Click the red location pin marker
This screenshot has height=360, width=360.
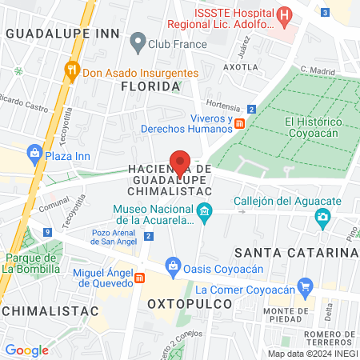tap(181, 162)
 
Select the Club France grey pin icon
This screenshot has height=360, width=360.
tap(138, 40)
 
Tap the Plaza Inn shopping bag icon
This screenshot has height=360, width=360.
tap(34, 153)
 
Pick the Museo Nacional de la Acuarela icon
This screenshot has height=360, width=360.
tap(205, 211)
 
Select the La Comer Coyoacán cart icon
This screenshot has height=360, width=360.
tap(304, 286)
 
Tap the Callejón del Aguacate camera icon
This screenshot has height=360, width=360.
tap(322, 216)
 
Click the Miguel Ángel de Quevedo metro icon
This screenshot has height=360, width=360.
tap(141, 278)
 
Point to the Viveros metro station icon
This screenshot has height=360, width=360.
tap(239, 122)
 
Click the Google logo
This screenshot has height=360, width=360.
tap(26, 350)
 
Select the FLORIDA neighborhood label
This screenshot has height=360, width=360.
tap(149, 86)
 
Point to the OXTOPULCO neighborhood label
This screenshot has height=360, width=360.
tap(189, 304)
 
